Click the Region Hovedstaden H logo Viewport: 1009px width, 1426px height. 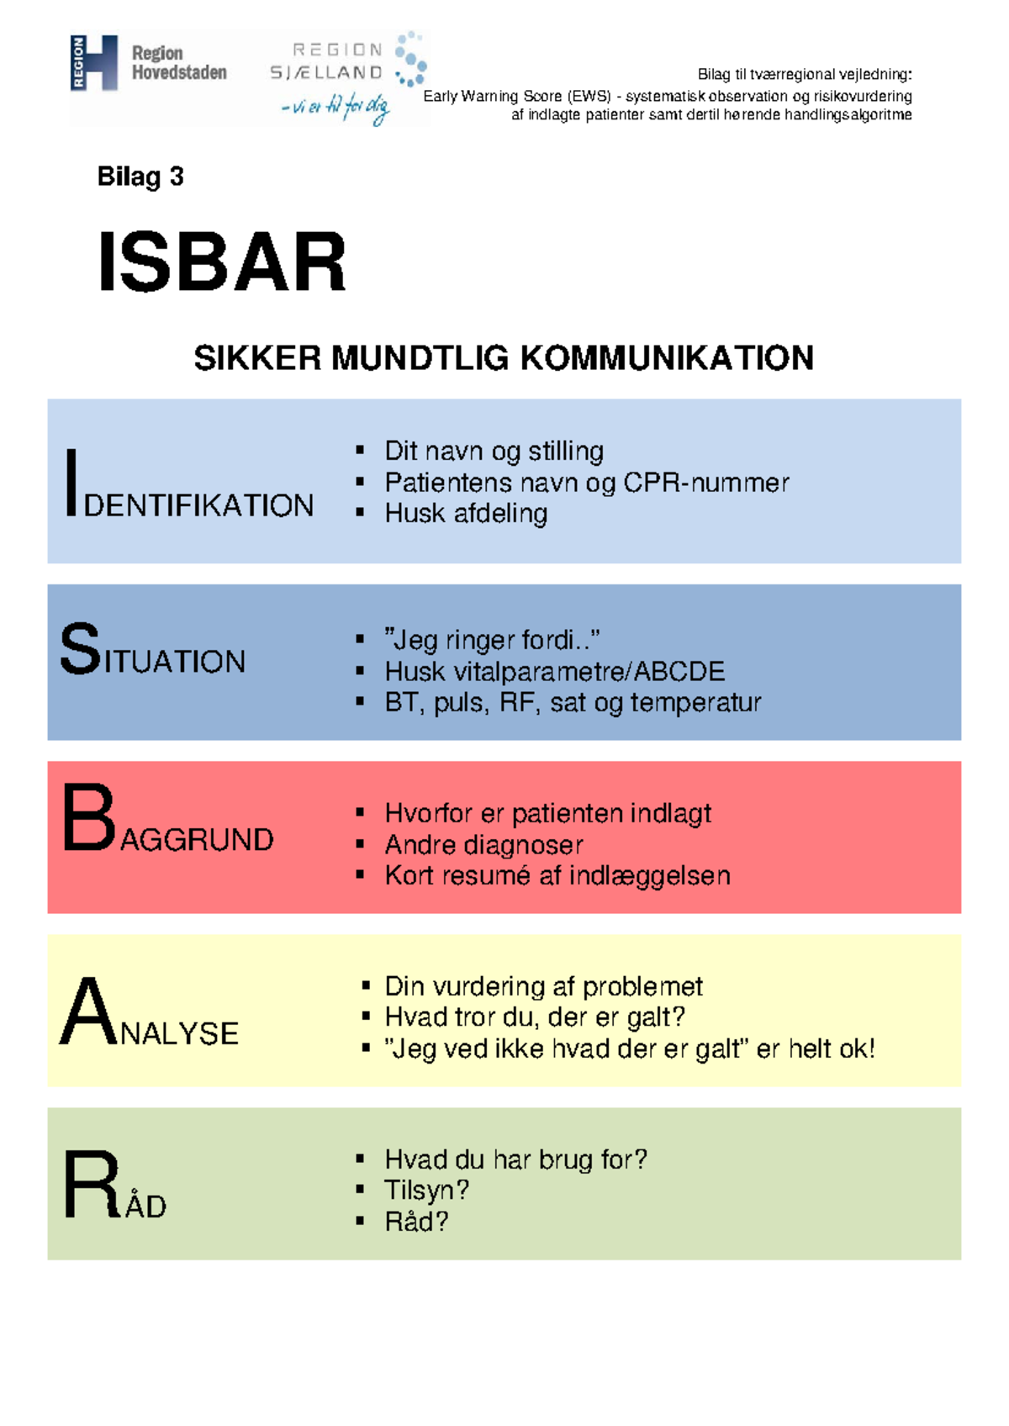(x=93, y=63)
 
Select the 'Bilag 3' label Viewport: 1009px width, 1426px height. (x=140, y=177)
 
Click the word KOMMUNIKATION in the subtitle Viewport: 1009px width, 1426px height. (x=667, y=358)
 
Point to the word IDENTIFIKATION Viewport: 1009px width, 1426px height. (x=189, y=483)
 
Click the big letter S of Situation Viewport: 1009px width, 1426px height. (x=80, y=648)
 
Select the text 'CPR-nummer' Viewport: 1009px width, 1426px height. (x=706, y=483)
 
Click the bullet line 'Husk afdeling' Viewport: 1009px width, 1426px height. (x=466, y=513)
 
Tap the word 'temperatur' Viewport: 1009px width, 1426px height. (x=696, y=703)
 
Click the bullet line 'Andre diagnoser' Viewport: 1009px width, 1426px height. (x=483, y=845)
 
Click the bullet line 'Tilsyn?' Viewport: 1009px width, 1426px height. (x=426, y=1190)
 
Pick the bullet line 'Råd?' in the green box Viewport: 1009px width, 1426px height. (x=416, y=1222)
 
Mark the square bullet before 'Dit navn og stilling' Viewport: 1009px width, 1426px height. (x=360, y=450)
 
